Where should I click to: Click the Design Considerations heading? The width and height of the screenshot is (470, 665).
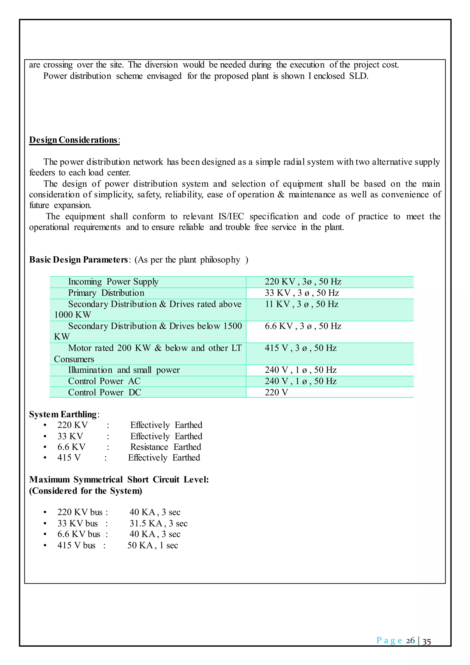click(74, 140)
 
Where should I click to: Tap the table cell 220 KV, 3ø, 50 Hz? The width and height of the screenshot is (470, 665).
click(303, 282)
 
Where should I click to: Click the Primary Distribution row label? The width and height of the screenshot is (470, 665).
click(106, 293)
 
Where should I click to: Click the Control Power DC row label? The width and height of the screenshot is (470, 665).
click(104, 392)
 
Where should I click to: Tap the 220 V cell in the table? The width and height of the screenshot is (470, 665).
click(276, 392)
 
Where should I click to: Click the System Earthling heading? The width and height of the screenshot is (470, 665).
click(63, 414)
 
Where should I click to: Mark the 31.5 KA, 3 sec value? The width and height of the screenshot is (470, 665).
click(158, 523)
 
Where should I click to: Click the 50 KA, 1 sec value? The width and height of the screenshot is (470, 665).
click(153, 545)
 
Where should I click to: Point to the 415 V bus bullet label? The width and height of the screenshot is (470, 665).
click(76, 545)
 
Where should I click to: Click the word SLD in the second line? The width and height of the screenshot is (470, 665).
click(358, 76)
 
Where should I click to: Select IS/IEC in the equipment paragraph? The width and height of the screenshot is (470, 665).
click(231, 216)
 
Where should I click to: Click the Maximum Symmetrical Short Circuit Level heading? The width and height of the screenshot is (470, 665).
click(119, 480)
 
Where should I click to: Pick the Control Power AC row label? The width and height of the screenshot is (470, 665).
click(104, 381)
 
